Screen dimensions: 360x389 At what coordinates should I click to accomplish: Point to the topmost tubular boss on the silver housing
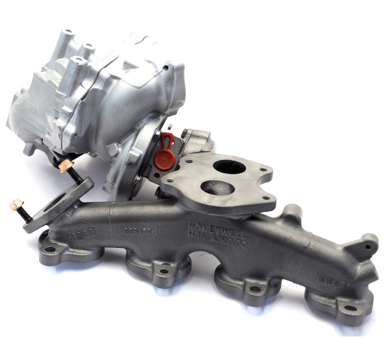(x=68, y=32)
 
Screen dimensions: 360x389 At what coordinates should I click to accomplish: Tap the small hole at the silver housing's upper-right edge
(x=166, y=67)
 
